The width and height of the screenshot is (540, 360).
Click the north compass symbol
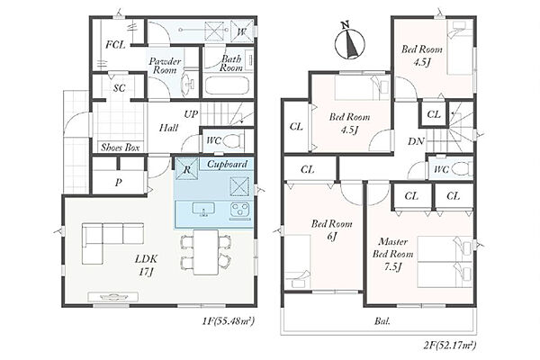pyautogui.click(x=349, y=43)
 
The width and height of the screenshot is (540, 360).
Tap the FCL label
pyautogui.click(x=115, y=45)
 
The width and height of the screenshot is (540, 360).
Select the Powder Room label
pyautogui.click(x=165, y=66)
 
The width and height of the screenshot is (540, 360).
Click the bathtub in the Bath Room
pyautogui.click(x=228, y=85)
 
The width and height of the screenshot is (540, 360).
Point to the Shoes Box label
pyautogui.click(x=121, y=148)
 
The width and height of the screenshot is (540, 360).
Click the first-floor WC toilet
pyautogui.click(x=233, y=141)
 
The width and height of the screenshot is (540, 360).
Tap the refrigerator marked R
pyautogui.click(x=186, y=169)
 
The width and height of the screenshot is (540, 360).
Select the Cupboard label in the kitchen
pyautogui.click(x=227, y=164)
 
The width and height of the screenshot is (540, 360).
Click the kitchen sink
pyautogui.click(x=203, y=210)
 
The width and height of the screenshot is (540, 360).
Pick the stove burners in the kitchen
pyautogui.click(x=240, y=211)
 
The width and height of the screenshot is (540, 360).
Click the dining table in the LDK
pyautogui.click(x=205, y=252)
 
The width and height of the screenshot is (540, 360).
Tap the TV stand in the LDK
pyautogui.click(x=113, y=297)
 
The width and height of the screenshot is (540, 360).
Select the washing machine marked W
pyautogui.click(x=242, y=32)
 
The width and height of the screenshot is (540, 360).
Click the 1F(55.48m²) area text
pyautogui.click(x=229, y=322)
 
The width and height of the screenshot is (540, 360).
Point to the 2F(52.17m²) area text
pyautogui.click(x=450, y=345)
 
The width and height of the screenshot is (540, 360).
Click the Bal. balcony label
pyautogui.click(x=382, y=321)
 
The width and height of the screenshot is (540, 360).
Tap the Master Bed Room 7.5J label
pyautogui.click(x=392, y=254)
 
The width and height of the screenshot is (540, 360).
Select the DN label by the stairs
pyautogui.click(x=416, y=141)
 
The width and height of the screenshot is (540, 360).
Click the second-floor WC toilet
pyautogui.click(x=461, y=169)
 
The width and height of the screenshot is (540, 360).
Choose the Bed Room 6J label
pyautogui.click(x=331, y=230)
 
